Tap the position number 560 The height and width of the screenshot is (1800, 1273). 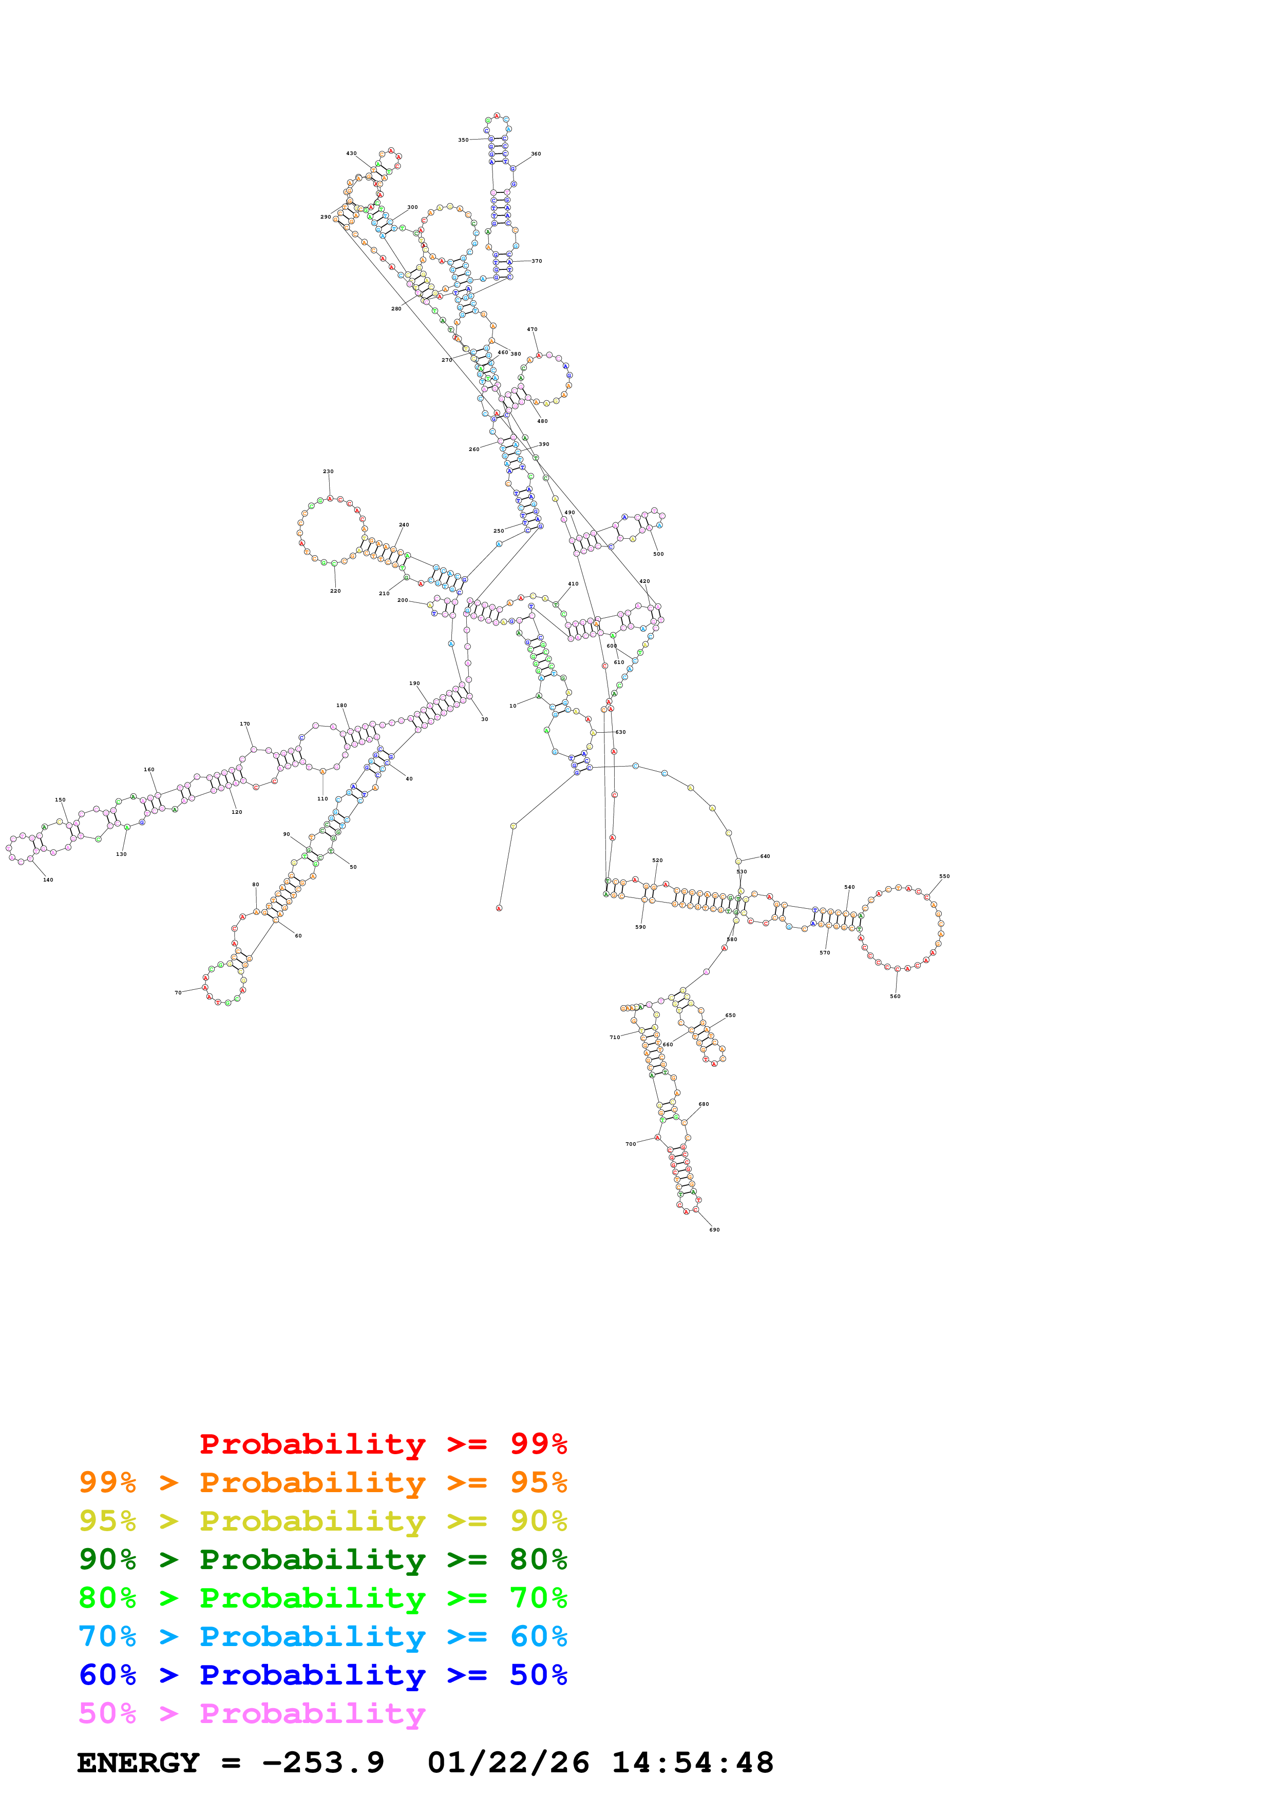[x=895, y=996]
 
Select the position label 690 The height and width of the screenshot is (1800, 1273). [x=714, y=1229]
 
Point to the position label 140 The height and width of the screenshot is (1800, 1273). [x=48, y=879]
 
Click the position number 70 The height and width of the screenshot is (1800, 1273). [x=178, y=992]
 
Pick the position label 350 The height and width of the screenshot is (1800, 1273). [x=463, y=140]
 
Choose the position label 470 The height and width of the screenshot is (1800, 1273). [x=532, y=329]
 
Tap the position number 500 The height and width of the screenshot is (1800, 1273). [x=658, y=554]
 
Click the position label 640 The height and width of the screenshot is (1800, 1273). [x=765, y=856]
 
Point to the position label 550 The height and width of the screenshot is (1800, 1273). [x=944, y=876]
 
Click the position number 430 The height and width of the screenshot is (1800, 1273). [x=351, y=153]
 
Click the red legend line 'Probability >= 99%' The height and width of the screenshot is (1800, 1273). [x=383, y=1444]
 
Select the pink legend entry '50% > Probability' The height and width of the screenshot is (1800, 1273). [x=252, y=1714]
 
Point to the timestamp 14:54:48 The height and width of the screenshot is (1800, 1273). [x=693, y=1763]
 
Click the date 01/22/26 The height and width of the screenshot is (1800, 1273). [x=508, y=1763]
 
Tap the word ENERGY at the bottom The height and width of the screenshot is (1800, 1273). [x=138, y=1763]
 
